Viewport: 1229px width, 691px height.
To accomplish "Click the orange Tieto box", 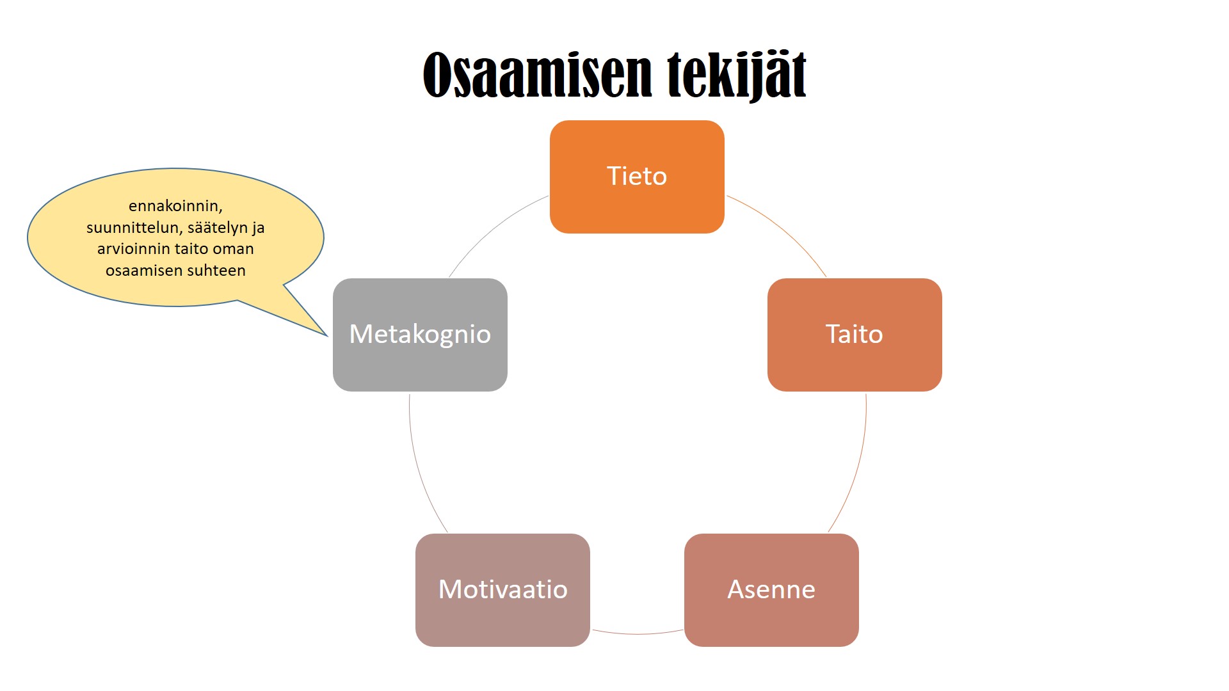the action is tap(637, 177).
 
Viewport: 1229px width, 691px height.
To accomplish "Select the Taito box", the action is tap(855, 335).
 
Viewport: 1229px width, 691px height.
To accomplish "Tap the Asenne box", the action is tap(771, 590).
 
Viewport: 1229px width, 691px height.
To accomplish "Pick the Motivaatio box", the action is tap(502, 590).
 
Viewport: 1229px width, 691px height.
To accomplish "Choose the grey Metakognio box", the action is tap(420, 335).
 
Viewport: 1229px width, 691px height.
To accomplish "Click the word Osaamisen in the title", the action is tap(538, 75).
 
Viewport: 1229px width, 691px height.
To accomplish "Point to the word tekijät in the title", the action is tap(737, 75).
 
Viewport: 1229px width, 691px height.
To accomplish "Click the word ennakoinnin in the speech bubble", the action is tap(174, 206).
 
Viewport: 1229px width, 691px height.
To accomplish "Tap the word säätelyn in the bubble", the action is tap(217, 228).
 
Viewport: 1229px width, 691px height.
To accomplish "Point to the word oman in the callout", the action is tap(236, 249).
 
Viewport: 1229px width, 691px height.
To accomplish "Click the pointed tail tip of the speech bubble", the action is tap(327, 335).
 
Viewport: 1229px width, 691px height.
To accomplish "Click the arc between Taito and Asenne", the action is tap(858, 467).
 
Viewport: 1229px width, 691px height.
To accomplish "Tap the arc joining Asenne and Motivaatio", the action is tap(638, 633).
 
